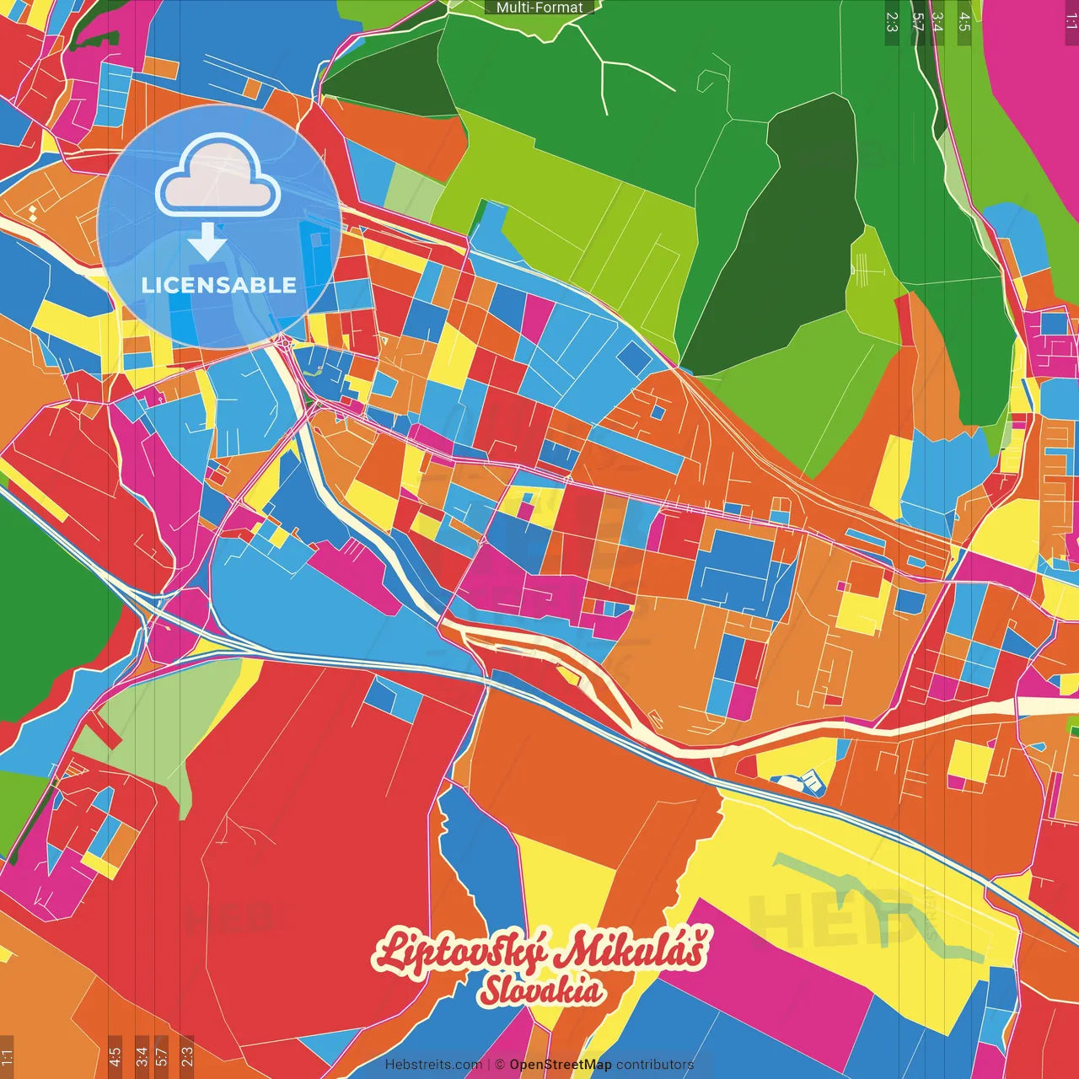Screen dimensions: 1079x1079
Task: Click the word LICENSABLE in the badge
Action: [219, 285]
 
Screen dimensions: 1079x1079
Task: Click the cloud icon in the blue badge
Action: [218, 178]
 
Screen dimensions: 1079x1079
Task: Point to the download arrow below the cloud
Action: [207, 242]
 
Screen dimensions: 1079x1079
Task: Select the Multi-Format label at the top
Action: [539, 8]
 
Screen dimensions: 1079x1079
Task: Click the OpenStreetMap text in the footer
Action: [561, 1065]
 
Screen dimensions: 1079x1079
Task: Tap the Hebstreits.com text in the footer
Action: [433, 1065]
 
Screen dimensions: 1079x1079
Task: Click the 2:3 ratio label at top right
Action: [892, 22]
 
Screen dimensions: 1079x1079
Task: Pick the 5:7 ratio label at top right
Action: [918, 22]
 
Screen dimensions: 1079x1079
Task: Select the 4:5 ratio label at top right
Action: [964, 22]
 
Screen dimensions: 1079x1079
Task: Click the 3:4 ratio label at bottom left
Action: [142, 1055]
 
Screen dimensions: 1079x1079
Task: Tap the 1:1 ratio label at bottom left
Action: [7, 1055]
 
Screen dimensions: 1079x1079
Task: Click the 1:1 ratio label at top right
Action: [1071, 22]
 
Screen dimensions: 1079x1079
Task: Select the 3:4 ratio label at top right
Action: [937, 22]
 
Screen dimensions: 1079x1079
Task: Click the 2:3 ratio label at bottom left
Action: [186, 1055]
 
